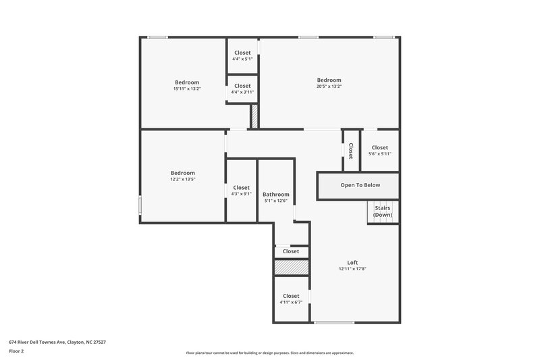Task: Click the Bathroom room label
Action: [275, 194]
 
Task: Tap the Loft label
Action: [352, 262]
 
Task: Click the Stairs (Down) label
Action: [383, 211]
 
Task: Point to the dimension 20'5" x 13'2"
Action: [329, 86]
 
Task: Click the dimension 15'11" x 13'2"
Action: [187, 88]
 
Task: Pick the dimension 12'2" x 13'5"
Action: [182, 180]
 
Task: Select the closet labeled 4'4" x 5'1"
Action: [242, 59]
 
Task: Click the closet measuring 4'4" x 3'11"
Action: [242, 93]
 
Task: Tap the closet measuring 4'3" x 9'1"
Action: [241, 195]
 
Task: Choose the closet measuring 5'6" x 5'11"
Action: [379, 154]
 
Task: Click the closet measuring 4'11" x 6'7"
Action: [291, 302]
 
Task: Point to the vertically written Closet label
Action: [351, 151]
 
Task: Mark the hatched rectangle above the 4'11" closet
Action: [291, 267]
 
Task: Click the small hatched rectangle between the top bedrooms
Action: [254, 116]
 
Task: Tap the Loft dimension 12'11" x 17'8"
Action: [352, 269]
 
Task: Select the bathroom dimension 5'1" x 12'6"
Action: [275, 201]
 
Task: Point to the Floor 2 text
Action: [16, 351]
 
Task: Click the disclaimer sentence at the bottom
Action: [269, 353]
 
